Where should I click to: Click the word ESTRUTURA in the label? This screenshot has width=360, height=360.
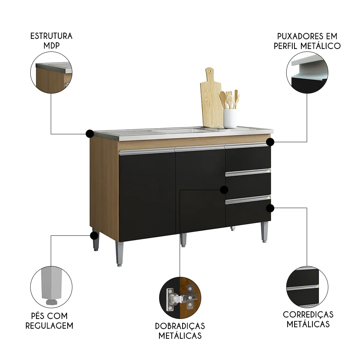pyautogui.click(x=51, y=36)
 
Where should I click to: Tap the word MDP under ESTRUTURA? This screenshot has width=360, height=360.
pyautogui.click(x=51, y=46)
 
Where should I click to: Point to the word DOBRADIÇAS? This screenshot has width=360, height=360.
pyautogui.click(x=180, y=326)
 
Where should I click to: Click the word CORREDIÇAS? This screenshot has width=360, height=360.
pyautogui.click(x=308, y=314)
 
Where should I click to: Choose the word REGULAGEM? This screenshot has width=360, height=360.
pyautogui.click(x=51, y=325)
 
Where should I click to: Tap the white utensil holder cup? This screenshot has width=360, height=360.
pyautogui.click(x=230, y=118)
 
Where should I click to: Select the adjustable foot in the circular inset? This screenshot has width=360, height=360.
pyautogui.click(x=51, y=284)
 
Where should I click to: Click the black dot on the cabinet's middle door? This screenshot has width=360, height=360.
pyautogui.click(x=224, y=189)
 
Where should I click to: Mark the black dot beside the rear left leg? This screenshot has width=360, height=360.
pyautogui.click(x=94, y=236)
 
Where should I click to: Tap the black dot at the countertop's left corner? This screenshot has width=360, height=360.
pyautogui.click(x=89, y=134)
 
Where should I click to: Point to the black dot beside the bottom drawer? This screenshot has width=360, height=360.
pyautogui.click(x=270, y=208)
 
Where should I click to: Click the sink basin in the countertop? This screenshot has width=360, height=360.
pyautogui.click(x=176, y=131)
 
